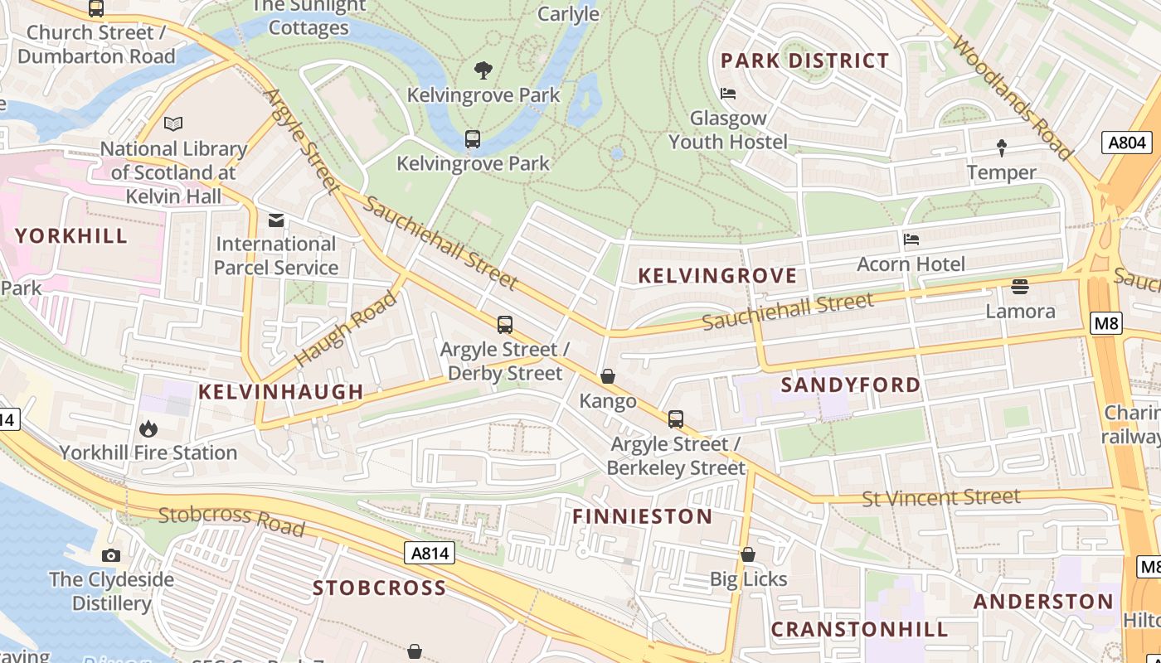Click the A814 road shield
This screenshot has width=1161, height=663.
click(x=430, y=553)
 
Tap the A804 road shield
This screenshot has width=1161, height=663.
click(x=1128, y=143)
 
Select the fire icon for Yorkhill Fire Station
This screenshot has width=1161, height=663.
click(x=148, y=428)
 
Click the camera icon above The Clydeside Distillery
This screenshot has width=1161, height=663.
click(x=111, y=555)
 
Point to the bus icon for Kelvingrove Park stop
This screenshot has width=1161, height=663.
click(x=473, y=139)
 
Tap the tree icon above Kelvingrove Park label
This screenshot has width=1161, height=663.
click(x=483, y=70)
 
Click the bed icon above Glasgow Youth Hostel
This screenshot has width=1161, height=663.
click(x=728, y=94)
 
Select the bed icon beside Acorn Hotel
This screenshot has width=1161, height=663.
click(x=911, y=240)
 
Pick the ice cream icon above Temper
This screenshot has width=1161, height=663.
click(x=1001, y=148)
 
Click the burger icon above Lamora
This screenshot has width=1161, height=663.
click(x=1020, y=287)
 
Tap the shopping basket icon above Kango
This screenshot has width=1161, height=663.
click(x=608, y=377)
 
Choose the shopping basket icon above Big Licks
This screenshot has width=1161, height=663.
click(x=748, y=554)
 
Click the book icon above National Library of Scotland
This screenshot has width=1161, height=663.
click(x=172, y=124)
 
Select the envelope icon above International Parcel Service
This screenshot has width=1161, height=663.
click(x=275, y=220)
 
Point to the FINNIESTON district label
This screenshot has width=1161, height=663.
click(x=643, y=516)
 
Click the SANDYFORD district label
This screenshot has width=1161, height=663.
click(x=851, y=385)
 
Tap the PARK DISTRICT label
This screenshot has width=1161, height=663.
click(x=804, y=60)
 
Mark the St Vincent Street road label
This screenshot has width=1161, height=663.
click(x=941, y=498)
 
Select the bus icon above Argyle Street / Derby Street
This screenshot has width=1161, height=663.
click(x=505, y=325)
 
